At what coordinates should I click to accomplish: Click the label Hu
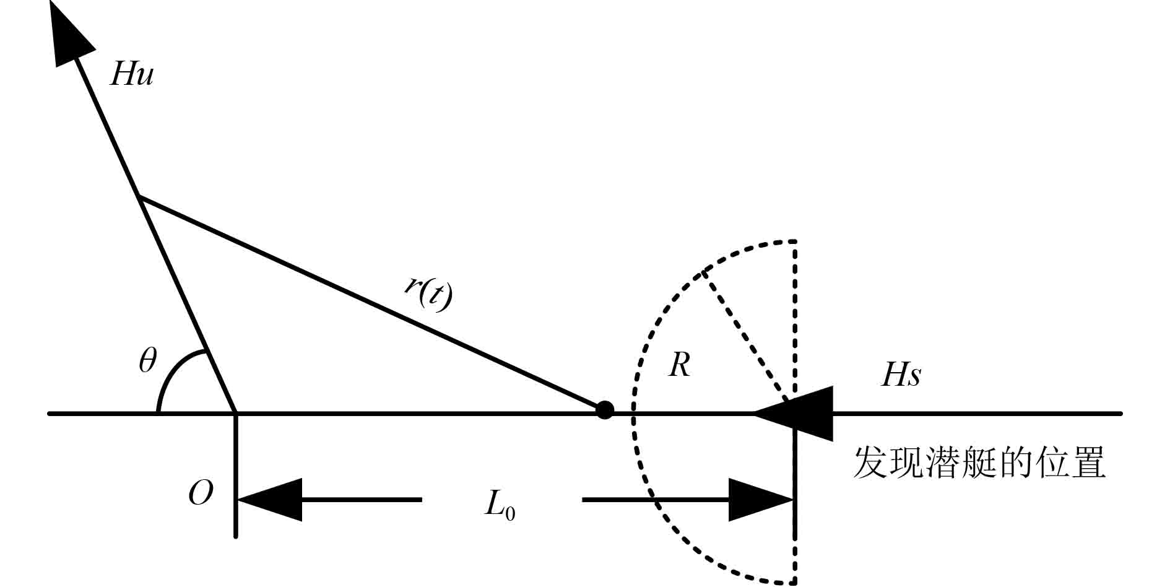pyautogui.click(x=131, y=74)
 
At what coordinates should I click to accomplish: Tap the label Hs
pyautogui.click(x=901, y=375)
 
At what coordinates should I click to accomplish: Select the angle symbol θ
pyautogui.click(x=147, y=361)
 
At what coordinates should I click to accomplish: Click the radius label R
pyautogui.click(x=679, y=365)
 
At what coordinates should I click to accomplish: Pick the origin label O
pyautogui.click(x=200, y=494)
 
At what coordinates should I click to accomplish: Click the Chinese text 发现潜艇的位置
pyautogui.click(x=979, y=463)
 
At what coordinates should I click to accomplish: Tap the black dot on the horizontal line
pyautogui.click(x=604, y=410)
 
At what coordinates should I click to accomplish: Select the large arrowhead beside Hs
pyautogui.click(x=799, y=413)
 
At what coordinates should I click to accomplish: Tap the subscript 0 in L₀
pyautogui.click(x=509, y=513)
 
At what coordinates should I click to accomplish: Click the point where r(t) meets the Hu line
pyautogui.click(x=139, y=197)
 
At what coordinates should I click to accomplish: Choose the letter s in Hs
pyautogui.click(x=914, y=376)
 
